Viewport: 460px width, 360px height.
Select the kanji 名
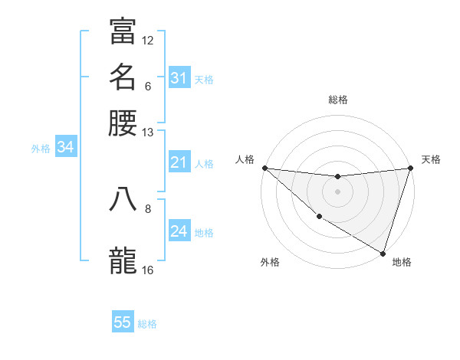(123, 77)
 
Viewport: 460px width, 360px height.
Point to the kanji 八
(123, 198)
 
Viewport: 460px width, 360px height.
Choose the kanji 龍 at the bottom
(123, 261)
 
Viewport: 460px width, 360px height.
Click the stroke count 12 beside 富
(148, 40)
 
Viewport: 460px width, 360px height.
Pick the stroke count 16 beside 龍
(148, 270)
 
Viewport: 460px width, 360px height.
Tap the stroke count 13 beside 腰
(148, 133)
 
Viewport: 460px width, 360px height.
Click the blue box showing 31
(179, 77)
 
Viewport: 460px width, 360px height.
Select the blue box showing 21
(179, 162)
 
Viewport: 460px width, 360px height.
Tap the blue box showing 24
(179, 231)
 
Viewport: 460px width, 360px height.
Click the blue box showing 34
(65, 147)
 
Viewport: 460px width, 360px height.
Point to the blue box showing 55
(123, 322)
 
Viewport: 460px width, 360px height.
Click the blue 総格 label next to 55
(148, 324)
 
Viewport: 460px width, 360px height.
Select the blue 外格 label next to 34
(41, 149)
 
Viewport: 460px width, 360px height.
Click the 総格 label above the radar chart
(337, 100)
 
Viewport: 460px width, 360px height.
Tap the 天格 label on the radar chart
(431, 159)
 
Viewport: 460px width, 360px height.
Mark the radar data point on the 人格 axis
(264, 168)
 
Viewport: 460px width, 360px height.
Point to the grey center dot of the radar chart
(337, 191)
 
